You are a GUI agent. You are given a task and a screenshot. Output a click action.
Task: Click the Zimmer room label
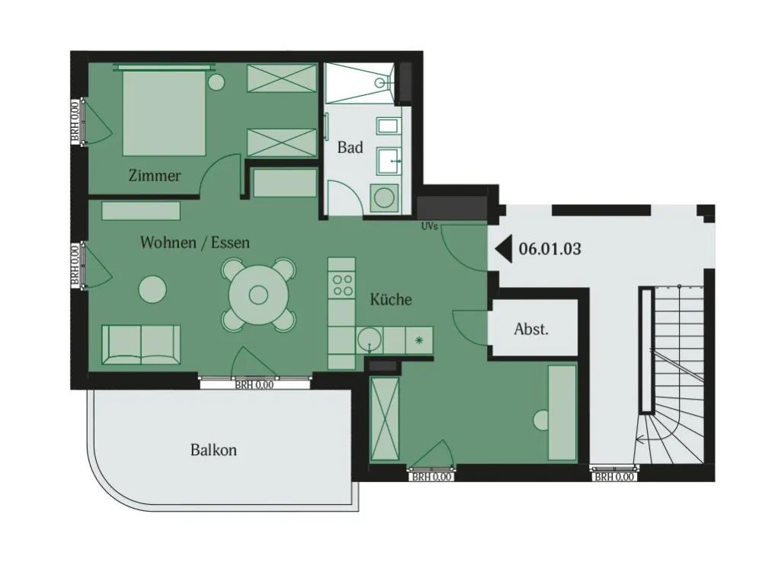tap(155, 175)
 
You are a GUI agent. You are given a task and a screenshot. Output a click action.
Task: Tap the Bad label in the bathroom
tap(350, 147)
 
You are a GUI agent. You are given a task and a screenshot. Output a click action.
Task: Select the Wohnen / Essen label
tap(195, 242)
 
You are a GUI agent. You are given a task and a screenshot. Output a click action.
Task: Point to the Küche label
tap(391, 299)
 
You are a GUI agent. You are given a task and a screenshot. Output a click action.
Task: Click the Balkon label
tap(213, 450)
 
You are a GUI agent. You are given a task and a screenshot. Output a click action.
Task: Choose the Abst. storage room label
tap(531, 329)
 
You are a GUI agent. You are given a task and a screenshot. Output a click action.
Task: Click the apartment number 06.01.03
tap(549, 249)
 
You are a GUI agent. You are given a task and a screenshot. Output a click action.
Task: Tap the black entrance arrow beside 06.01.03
tap(504, 249)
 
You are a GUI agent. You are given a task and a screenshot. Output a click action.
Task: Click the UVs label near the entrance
tap(430, 226)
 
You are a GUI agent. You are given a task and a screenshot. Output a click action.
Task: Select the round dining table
tap(258, 294)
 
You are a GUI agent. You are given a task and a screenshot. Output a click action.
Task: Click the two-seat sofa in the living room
tap(141, 345)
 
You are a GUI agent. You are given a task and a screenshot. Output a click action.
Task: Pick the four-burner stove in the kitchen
tap(341, 285)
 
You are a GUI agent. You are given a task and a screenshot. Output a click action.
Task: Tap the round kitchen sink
tap(370, 340)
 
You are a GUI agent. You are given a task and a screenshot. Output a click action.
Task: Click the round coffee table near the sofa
tap(152, 289)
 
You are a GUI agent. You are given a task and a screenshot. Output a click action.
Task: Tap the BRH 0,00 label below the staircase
tap(614, 477)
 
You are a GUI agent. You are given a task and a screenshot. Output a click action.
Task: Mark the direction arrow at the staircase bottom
tap(642, 440)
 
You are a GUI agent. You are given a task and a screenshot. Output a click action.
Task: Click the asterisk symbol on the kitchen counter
tap(419, 340)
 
